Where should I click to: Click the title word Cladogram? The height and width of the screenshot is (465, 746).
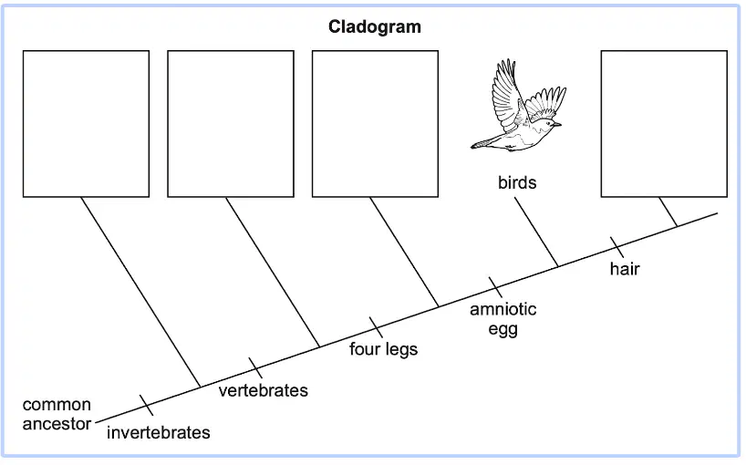(375, 26)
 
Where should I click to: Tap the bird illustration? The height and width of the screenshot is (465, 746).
(519, 106)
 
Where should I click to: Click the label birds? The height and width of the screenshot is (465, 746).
(517, 182)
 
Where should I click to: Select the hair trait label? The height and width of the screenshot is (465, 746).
(625, 269)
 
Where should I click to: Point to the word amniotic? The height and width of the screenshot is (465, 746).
(503, 309)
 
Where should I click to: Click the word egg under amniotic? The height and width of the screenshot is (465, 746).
(503, 329)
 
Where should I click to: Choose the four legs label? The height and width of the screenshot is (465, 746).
(383, 349)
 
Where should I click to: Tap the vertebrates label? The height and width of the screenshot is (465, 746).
(263, 391)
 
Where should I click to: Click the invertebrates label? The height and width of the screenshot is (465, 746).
(159, 433)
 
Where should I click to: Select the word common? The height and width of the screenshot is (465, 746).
(57, 405)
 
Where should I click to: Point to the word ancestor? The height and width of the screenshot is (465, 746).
(57, 424)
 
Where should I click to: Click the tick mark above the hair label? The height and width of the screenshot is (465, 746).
(617, 247)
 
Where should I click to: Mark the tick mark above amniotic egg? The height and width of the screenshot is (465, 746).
(495, 287)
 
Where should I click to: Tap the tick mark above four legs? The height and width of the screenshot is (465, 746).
(376, 327)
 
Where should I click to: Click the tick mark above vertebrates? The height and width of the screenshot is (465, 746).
(255, 368)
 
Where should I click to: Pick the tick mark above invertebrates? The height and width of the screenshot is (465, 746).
(147, 405)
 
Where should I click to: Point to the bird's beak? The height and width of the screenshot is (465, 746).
(558, 125)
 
